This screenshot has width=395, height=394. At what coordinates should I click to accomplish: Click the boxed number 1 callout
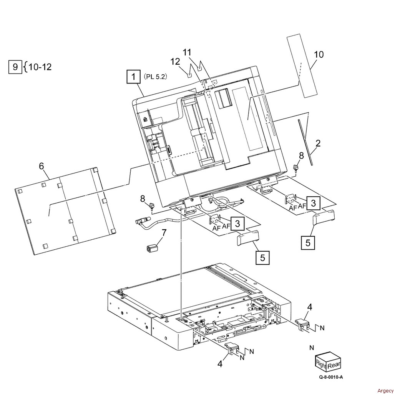(x=133, y=77)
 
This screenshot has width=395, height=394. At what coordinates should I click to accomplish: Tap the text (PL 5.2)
(x=156, y=77)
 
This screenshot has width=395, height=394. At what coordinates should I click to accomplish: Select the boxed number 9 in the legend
(x=15, y=67)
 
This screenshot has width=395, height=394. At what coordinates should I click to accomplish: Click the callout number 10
(x=319, y=54)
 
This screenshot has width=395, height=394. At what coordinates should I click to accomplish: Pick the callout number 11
(x=186, y=52)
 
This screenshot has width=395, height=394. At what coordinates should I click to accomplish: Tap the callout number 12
(x=175, y=61)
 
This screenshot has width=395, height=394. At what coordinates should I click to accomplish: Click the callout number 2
(x=318, y=144)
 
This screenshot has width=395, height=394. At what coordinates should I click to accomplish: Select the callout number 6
(x=41, y=166)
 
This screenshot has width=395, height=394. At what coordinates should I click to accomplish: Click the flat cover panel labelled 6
(x=65, y=210)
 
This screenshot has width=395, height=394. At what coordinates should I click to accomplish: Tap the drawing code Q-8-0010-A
(x=330, y=377)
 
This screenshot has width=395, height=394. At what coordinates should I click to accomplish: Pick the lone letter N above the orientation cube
(x=312, y=348)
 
